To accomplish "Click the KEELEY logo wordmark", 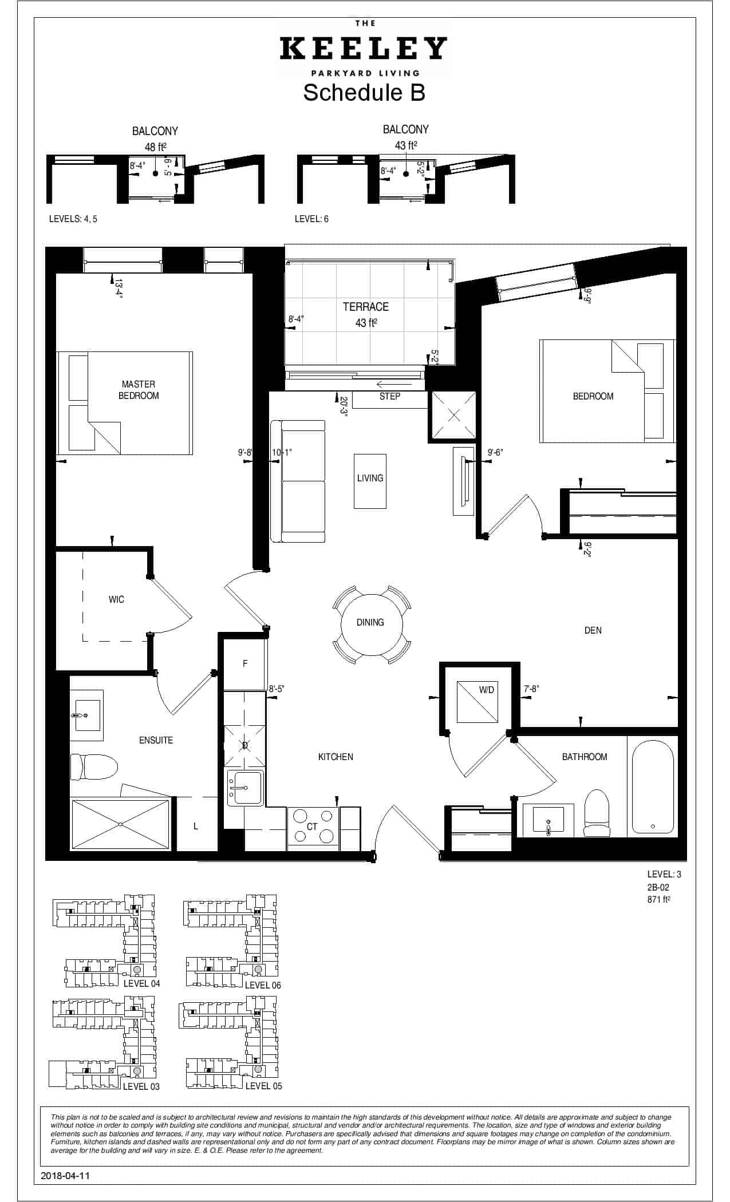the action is click(363, 49).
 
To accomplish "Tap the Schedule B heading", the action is click(364, 92).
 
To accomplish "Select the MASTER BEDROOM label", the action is click(139, 390).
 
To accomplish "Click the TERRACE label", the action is click(366, 307).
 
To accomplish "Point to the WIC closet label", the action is click(116, 599).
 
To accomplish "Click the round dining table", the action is click(370, 623).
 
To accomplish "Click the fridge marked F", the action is click(245, 664).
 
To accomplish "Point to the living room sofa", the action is click(298, 481).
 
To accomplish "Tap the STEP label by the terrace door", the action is click(390, 396).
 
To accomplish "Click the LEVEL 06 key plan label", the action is click(263, 985).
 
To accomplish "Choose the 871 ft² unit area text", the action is click(659, 899).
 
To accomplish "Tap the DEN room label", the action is click(593, 630).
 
